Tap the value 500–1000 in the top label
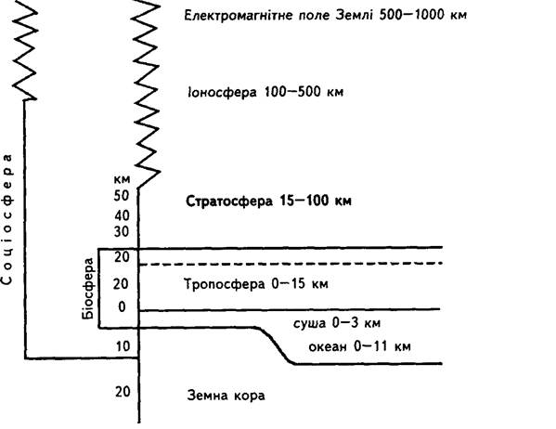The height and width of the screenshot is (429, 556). tap(412, 15)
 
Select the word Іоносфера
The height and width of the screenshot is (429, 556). tap(222, 92)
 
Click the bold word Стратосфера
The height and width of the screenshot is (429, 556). tap(229, 201)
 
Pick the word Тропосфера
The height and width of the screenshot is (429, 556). tap(225, 284)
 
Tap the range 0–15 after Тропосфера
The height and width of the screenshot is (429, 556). tap(289, 283)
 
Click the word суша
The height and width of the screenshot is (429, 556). tap(309, 323)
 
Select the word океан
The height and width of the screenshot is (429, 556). tap(328, 346)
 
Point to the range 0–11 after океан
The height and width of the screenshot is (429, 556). tap(370, 345)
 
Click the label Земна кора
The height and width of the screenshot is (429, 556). tap(226, 395)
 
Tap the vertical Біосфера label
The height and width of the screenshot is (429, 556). tap(88, 289)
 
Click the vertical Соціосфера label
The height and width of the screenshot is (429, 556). tap(6, 219)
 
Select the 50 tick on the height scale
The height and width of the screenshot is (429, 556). tap(122, 196)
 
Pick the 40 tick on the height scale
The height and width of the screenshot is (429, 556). tap(122, 215)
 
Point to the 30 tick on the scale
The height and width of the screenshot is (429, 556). tap(122, 232)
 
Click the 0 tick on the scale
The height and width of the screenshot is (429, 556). tap(122, 306)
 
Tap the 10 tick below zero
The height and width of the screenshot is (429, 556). tap(123, 346)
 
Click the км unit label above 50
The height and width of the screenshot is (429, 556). tap(122, 179)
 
